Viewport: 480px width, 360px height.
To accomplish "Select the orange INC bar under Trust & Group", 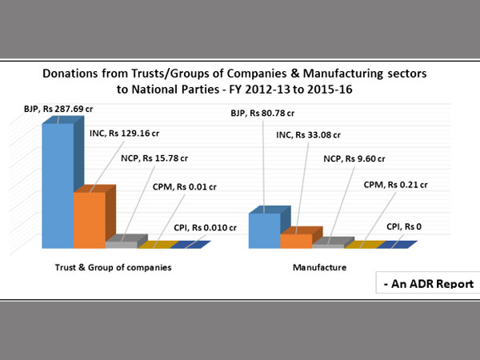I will point(89,219).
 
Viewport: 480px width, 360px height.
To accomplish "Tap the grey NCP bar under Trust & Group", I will point(121,243).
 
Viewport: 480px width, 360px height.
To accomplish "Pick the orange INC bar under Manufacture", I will point(296,240).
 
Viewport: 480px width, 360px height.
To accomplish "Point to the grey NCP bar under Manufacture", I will point(327,244).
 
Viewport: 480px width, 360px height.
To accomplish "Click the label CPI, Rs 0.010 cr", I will point(204,227).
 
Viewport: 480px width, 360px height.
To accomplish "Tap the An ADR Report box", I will point(428,283).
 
